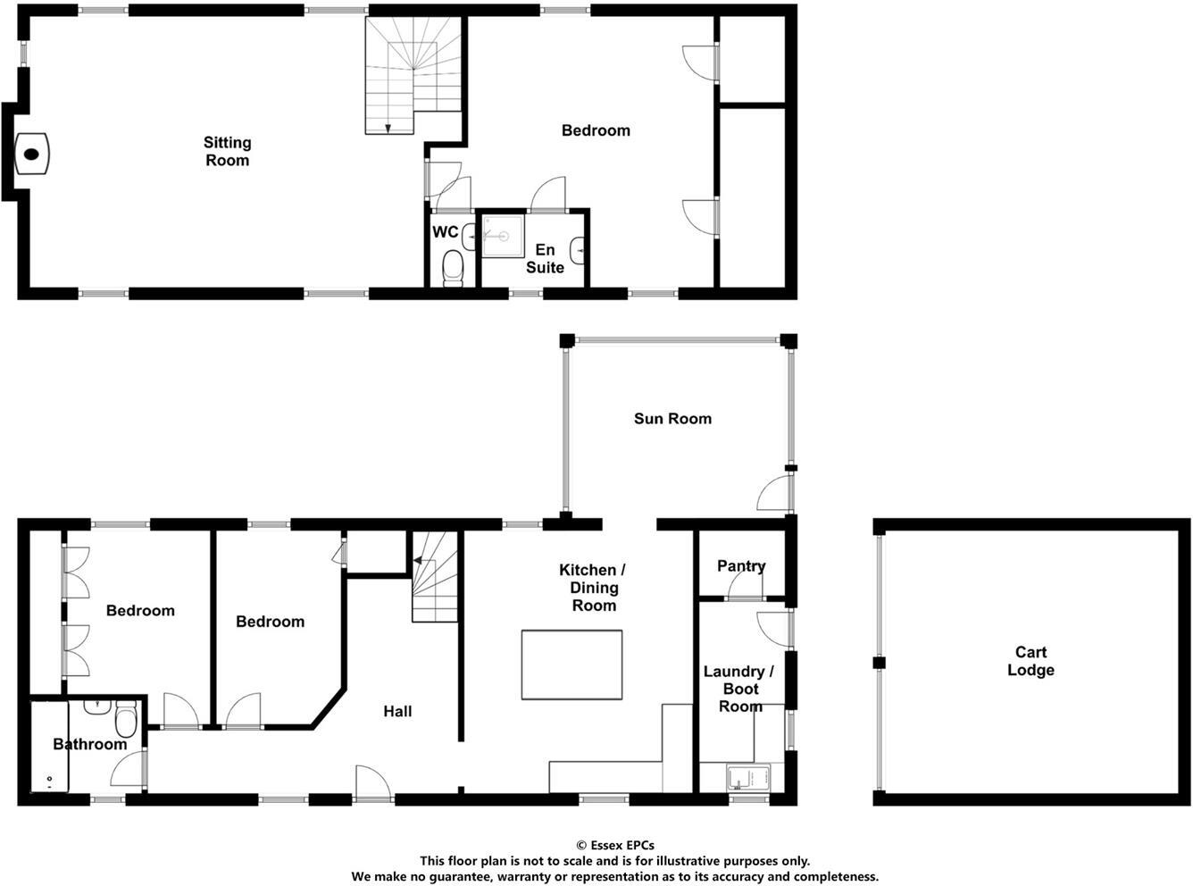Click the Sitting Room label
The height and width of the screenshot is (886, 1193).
point(227,151)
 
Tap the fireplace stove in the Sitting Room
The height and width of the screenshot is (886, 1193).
point(32,154)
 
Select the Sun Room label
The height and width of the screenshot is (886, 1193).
point(672,418)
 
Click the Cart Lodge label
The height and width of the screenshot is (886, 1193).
point(1030,661)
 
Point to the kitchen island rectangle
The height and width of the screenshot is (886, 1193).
point(571,664)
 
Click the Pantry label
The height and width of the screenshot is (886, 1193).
point(741,565)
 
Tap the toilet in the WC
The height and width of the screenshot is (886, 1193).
point(454,267)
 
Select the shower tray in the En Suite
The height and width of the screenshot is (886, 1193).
point(502,236)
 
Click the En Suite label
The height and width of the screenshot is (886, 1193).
point(545,258)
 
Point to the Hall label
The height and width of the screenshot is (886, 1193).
point(397,711)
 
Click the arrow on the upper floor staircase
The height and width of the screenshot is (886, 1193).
point(388,129)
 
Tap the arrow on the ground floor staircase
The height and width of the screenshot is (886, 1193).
point(417,561)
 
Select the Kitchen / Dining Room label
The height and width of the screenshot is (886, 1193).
point(593,587)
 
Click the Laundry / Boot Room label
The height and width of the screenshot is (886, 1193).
point(739,688)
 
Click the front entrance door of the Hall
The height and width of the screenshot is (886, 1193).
point(373,782)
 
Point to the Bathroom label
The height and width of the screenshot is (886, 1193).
point(89,744)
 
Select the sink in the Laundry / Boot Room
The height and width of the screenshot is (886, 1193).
point(748,777)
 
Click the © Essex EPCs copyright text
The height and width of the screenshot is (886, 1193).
point(614,845)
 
